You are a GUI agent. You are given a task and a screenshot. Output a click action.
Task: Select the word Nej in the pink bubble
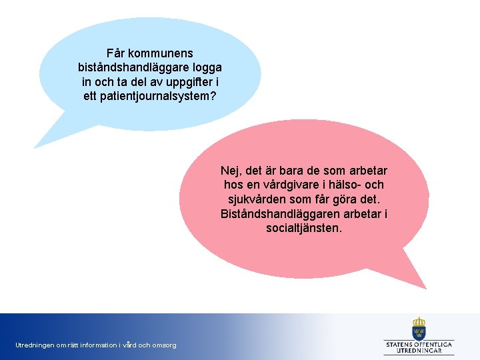(229, 171)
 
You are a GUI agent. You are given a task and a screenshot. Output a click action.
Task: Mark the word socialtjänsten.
(303, 228)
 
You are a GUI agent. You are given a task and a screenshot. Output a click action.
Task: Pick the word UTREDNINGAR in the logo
(419, 351)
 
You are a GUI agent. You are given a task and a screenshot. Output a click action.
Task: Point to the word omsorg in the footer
(164, 345)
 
